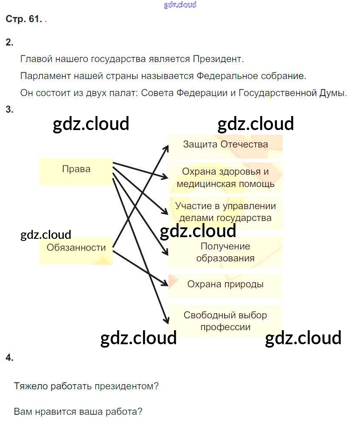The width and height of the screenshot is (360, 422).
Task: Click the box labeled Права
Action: pyautogui.click(x=76, y=169)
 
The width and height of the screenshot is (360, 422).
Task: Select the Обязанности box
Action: pyautogui.click(x=76, y=248)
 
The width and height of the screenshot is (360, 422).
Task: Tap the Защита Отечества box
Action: pyautogui.click(x=225, y=144)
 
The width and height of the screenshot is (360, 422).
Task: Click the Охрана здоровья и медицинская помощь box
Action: pyautogui.click(x=225, y=178)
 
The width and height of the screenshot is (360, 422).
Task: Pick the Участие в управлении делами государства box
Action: pyautogui.click(x=225, y=212)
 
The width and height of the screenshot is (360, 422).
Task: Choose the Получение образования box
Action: pyautogui.click(x=225, y=252)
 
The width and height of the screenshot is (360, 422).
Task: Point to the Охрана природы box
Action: pyautogui.click(x=225, y=284)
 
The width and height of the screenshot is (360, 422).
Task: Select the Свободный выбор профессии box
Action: pyautogui.click(x=225, y=321)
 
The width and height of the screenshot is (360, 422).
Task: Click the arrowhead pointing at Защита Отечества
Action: pyautogui.click(x=167, y=145)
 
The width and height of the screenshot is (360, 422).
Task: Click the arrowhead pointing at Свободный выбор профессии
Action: pyautogui.click(x=166, y=321)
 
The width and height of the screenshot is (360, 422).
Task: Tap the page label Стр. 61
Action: pyautogui.click(x=23, y=19)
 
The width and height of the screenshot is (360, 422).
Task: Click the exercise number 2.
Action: pyautogui.click(x=9, y=42)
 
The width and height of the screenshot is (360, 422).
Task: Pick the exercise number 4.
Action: pyautogui.click(x=9, y=358)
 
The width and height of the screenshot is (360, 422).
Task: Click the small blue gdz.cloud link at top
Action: pyautogui.click(x=180, y=5)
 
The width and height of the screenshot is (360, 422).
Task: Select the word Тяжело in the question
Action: pyautogui.click(x=31, y=387)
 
